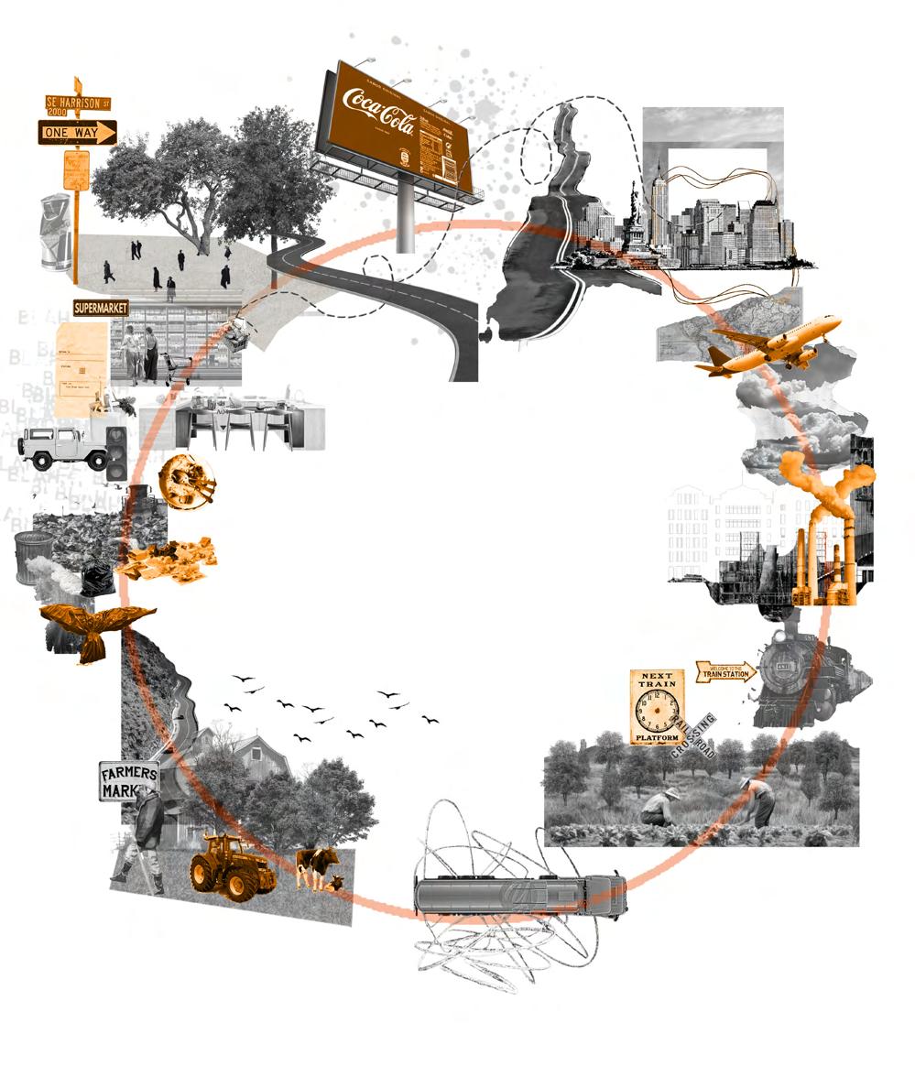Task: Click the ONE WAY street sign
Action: pos(77,133)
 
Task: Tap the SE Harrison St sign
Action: pos(78,103)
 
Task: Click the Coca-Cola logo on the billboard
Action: pos(378,110)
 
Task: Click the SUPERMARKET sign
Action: pos(101,309)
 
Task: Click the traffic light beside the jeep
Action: pos(117,453)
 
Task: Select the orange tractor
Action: pos(231,865)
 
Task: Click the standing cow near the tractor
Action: pos(315,865)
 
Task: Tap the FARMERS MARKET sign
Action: pos(129,780)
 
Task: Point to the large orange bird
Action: pos(92,628)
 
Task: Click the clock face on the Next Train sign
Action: pos(657,711)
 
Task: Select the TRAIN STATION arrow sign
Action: pos(726,672)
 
